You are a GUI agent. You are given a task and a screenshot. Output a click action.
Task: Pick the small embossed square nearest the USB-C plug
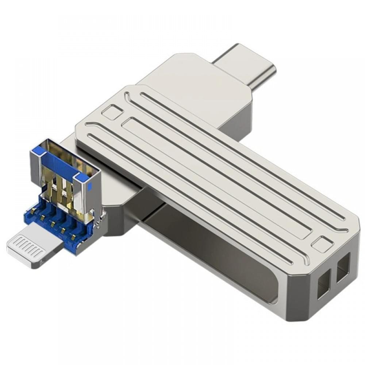112,111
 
